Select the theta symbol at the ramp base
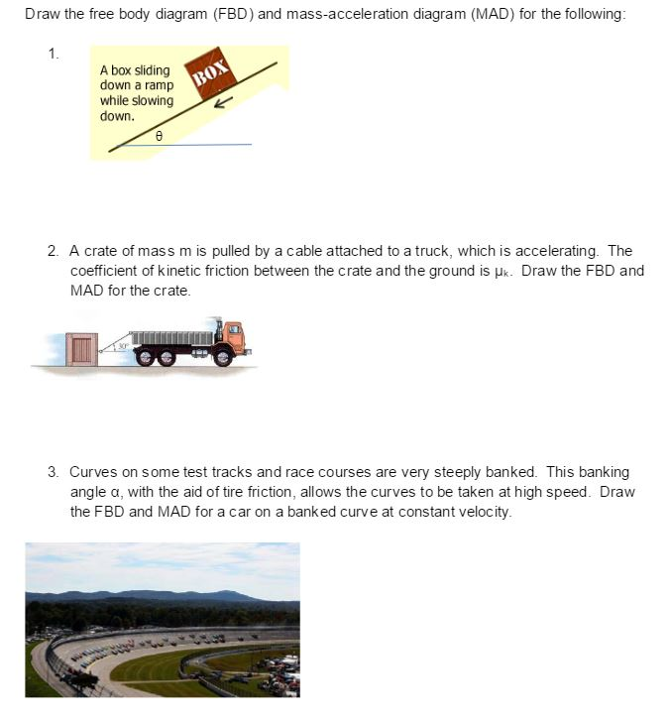coord(158,132)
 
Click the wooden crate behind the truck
coord(82,348)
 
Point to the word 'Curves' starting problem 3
coord(92,472)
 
